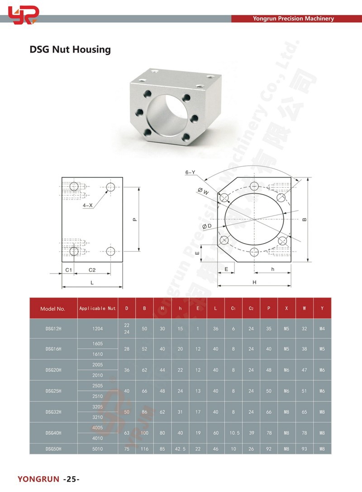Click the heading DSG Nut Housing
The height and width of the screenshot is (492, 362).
pyautogui.click(x=70, y=49)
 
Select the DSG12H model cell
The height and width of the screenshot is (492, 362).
pyautogui.click(x=53, y=328)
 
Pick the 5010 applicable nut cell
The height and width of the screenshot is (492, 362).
pyautogui.click(x=97, y=449)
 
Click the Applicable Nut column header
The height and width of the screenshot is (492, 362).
pyautogui.click(x=97, y=308)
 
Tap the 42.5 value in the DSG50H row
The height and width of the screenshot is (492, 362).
pyautogui.click(x=180, y=449)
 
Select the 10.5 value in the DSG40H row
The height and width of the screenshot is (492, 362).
pyautogui.click(x=233, y=433)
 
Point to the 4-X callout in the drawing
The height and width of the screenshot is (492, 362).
pyautogui.click(x=88, y=205)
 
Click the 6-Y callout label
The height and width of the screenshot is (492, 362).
pyautogui.click(x=190, y=172)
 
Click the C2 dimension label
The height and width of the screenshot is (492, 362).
pyautogui.click(x=92, y=270)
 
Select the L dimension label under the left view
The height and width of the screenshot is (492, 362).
pyautogui.click(x=92, y=282)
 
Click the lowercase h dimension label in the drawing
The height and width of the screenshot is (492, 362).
pyautogui.click(x=272, y=269)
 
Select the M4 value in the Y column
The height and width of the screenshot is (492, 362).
pyautogui.click(x=322, y=328)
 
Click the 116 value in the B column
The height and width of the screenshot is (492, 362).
pyautogui.click(x=144, y=449)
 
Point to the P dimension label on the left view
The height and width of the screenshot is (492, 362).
pyautogui.click(x=134, y=220)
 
